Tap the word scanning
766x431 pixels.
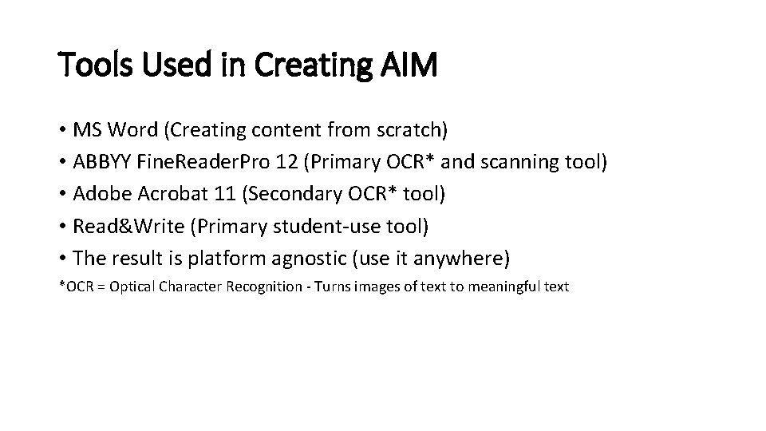tap(520, 163)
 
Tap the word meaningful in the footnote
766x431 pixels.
tap(502, 287)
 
